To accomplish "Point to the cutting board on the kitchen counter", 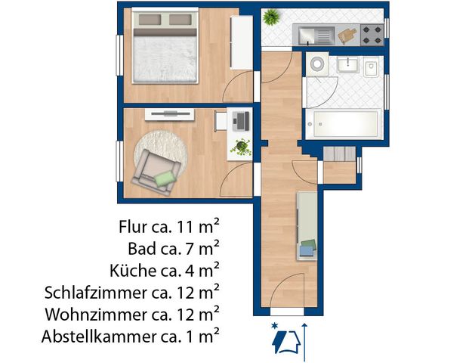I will (x=347, y=35).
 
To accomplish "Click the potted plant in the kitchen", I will (x=271, y=16).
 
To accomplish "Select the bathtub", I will (x=344, y=123).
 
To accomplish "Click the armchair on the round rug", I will (x=158, y=169).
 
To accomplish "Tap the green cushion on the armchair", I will (x=165, y=178).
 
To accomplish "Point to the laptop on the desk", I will (x=241, y=119).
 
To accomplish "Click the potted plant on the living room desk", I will (x=242, y=145).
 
